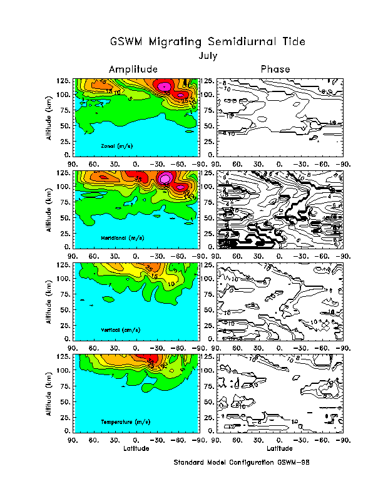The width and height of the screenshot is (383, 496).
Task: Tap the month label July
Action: [x=208, y=56]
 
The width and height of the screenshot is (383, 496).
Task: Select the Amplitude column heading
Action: [x=133, y=69]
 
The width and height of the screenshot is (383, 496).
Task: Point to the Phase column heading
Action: [x=275, y=69]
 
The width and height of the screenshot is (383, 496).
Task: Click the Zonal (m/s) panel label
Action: [x=121, y=146]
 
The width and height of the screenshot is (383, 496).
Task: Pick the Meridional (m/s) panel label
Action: [x=123, y=239]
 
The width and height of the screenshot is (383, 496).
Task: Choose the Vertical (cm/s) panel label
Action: [x=121, y=330]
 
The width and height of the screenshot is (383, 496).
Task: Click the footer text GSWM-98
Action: [x=294, y=463]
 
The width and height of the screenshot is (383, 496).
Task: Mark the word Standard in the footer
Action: [x=192, y=463]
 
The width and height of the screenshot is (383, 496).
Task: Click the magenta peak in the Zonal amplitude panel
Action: [x=165, y=86]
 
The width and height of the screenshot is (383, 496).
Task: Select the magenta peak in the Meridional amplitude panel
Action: [x=165, y=178]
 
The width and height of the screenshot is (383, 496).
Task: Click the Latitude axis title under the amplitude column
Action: [x=135, y=448]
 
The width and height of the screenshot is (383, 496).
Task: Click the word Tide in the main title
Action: [x=291, y=43]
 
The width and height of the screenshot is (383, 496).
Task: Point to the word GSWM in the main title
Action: [x=126, y=43]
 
